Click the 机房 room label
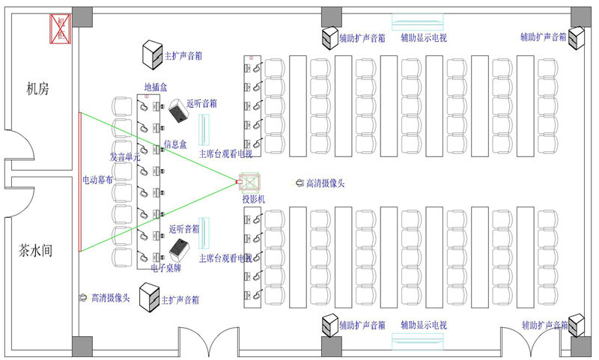pos(37,89)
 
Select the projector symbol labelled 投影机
pos(247,183)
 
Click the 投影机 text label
pos(253,199)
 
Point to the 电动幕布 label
pos(98,180)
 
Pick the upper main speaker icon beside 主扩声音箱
pos(153,52)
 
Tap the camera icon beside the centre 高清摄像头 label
pos(299,182)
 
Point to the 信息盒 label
pos(175,144)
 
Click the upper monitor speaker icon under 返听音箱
pos(178,112)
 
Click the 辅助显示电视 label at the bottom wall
pos(424,326)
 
